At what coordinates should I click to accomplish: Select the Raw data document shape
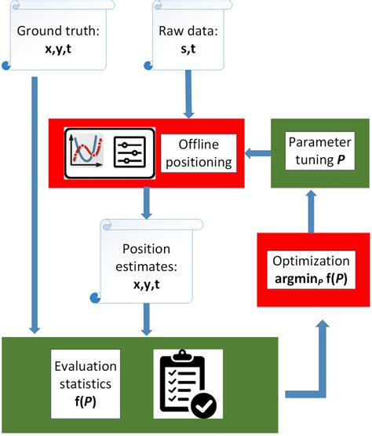184,39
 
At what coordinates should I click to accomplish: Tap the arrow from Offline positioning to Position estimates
145,203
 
